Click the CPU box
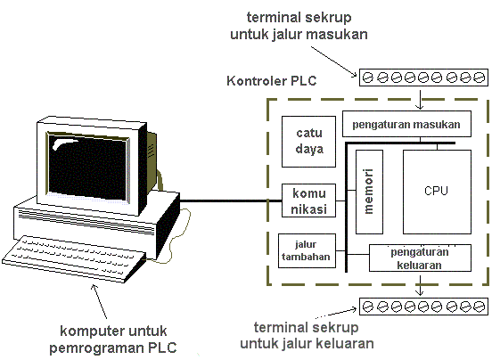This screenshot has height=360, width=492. [436, 191]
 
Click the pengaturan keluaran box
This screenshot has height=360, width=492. [420, 258]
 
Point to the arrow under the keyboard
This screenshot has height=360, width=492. [94, 293]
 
